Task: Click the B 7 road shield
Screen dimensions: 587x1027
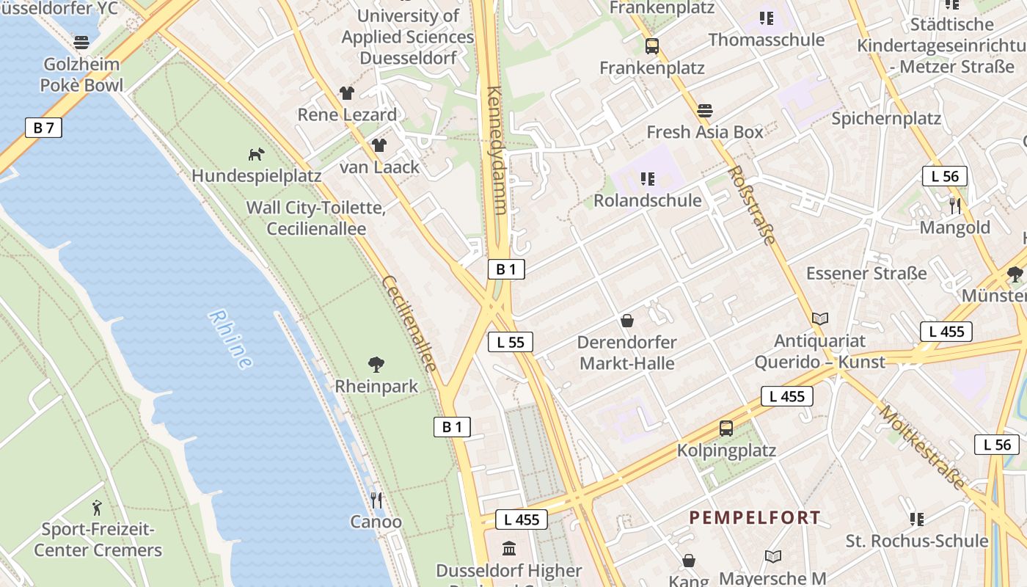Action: pos(43,128)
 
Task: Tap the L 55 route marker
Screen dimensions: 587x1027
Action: pos(510,342)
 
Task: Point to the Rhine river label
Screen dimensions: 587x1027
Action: pos(230,339)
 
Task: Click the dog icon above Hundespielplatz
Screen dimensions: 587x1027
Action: pos(256,154)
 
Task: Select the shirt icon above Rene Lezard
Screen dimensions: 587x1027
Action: pos(347,93)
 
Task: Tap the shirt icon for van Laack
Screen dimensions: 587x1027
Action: pos(379,145)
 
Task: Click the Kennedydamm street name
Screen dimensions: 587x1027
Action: pos(497,150)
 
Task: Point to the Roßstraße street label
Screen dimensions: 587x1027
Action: pos(751,205)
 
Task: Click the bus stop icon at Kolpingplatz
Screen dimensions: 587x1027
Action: pos(726,429)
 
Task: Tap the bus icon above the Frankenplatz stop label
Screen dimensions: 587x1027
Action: pos(652,46)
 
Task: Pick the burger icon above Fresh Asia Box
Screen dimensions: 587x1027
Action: pos(705,111)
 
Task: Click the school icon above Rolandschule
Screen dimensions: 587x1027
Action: pos(647,179)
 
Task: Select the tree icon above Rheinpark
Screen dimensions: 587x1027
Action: pos(376,364)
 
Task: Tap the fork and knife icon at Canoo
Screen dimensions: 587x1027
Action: pos(376,500)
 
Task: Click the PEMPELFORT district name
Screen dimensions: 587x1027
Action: pos(755,518)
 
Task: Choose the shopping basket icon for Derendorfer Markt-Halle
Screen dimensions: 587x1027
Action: pos(627,321)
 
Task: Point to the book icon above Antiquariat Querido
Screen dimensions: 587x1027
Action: pos(820,319)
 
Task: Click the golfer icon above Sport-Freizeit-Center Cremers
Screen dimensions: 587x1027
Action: pos(97,507)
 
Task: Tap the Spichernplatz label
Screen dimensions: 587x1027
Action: pos(886,118)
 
